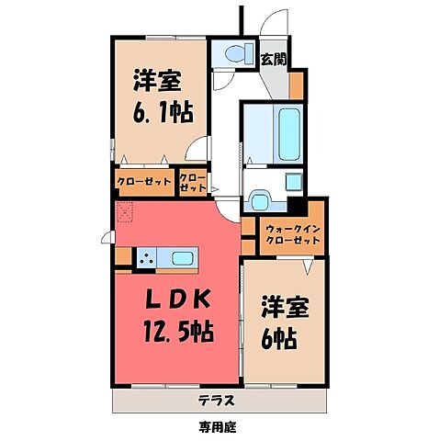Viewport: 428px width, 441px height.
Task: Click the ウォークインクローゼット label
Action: [291, 232]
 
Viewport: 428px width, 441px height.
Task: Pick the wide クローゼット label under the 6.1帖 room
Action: [144, 181]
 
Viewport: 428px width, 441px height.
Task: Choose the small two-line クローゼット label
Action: [192, 181]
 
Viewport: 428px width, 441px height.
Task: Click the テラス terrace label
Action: [214, 400]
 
